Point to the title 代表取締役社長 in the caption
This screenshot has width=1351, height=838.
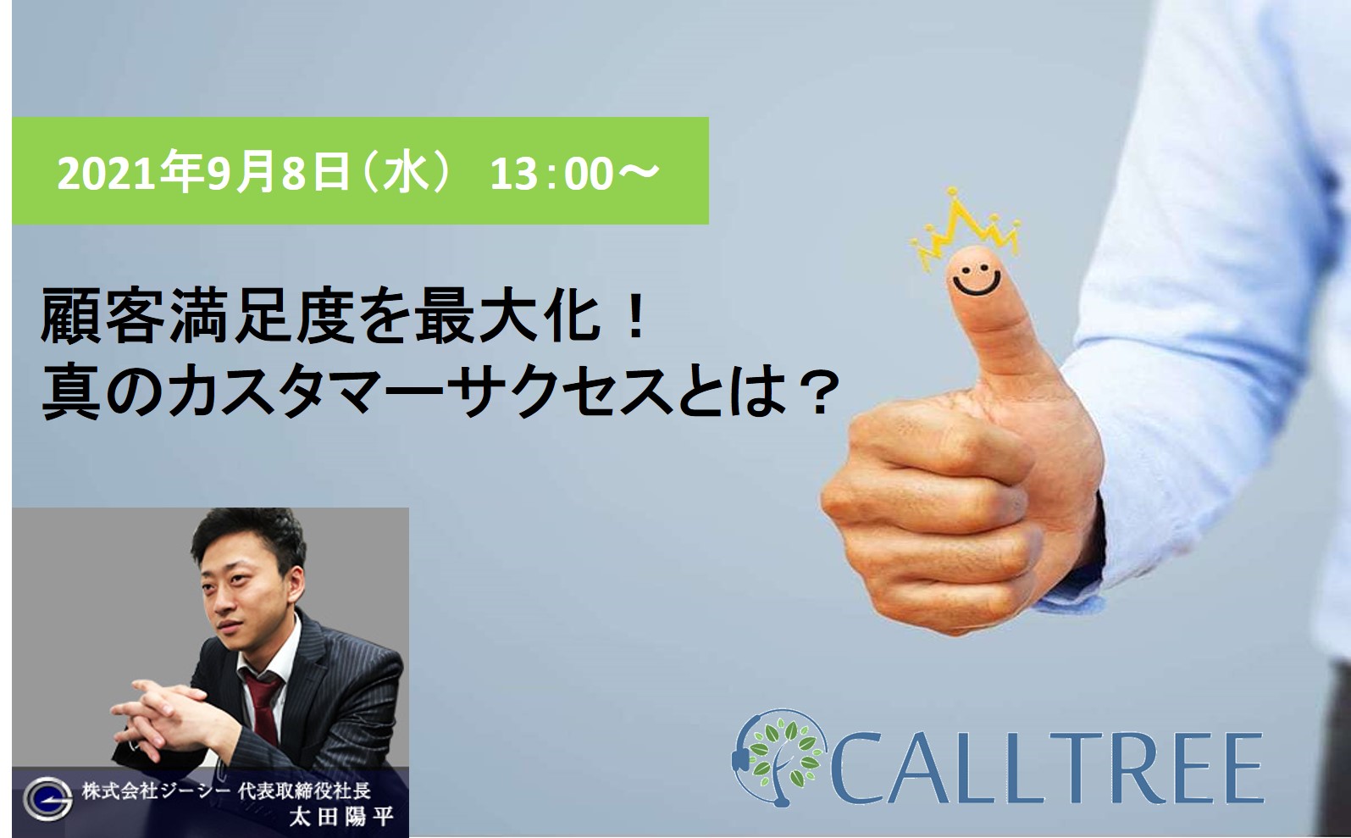click(x=304, y=791)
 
